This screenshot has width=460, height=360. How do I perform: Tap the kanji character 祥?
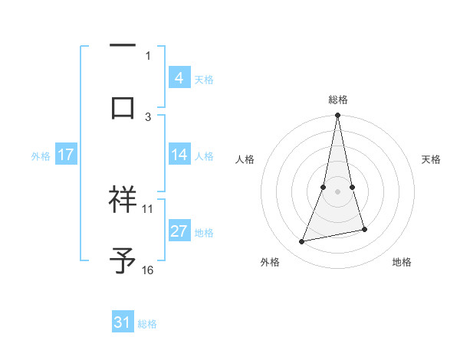click(x=123, y=199)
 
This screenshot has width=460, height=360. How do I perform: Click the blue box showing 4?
click(x=179, y=77)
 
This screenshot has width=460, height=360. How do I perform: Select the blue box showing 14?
click(x=179, y=155)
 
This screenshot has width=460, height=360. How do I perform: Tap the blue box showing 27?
click(x=179, y=231)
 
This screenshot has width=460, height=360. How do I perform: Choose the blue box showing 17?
click(x=65, y=155)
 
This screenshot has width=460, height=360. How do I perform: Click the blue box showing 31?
click(x=123, y=323)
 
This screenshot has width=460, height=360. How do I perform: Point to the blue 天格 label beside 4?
click(x=204, y=79)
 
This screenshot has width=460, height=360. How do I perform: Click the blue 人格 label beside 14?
click(x=204, y=155)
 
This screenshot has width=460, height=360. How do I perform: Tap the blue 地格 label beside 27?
click(x=204, y=232)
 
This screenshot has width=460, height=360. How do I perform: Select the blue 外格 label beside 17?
click(x=41, y=155)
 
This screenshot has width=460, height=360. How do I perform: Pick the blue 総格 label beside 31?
click(x=147, y=324)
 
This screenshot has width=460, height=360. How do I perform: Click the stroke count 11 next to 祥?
click(x=148, y=208)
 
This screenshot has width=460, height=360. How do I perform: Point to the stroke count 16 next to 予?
click(x=148, y=270)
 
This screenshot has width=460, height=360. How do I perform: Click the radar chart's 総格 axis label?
click(x=338, y=100)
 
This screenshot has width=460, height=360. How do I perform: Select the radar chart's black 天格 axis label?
click(x=432, y=159)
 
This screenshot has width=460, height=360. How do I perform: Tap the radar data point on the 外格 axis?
click(x=302, y=242)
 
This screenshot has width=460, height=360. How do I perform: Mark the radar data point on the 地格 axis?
click(x=364, y=230)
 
